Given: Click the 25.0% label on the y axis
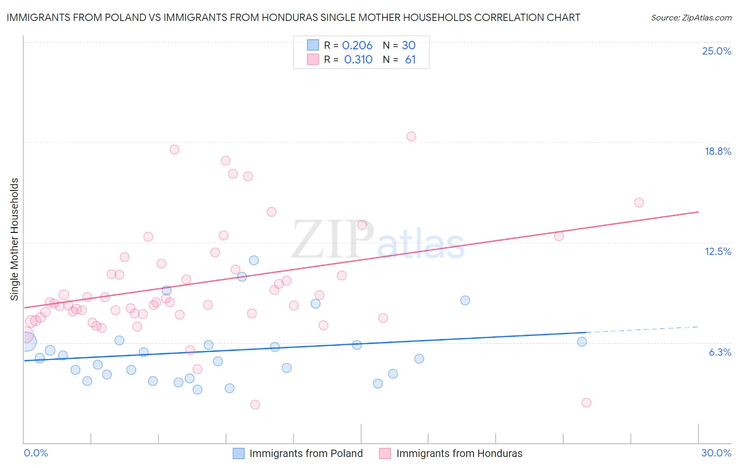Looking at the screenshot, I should (716, 51).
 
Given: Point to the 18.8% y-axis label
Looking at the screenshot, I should (718, 151).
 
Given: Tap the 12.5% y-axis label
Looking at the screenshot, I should (718, 251).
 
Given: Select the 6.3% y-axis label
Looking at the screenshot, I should (720, 352).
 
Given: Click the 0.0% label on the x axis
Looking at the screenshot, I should (36, 453).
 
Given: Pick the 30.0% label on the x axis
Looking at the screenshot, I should (716, 453).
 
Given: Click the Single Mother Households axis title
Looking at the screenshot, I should (15, 239).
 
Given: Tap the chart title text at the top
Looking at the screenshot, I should (293, 17).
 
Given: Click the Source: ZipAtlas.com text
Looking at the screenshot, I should (691, 18).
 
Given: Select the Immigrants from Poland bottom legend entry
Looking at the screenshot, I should (305, 453).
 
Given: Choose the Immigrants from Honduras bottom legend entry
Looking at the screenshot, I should (459, 453).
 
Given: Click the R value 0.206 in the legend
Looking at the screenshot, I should (357, 46).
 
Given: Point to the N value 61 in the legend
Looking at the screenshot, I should (410, 60).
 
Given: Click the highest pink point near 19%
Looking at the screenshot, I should (411, 136).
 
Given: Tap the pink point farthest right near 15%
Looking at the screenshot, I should (639, 203).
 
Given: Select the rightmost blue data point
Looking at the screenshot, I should (582, 342).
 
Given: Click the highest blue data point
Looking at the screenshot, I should (254, 260).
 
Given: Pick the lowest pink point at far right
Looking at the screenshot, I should (586, 402).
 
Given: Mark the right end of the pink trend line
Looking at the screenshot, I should (698, 212).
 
